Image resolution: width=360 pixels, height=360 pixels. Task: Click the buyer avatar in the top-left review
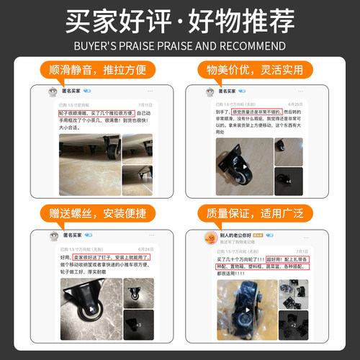(53, 92)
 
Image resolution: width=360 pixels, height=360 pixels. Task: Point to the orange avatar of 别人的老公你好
(210, 237)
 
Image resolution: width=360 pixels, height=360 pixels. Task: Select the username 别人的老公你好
(240, 235)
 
